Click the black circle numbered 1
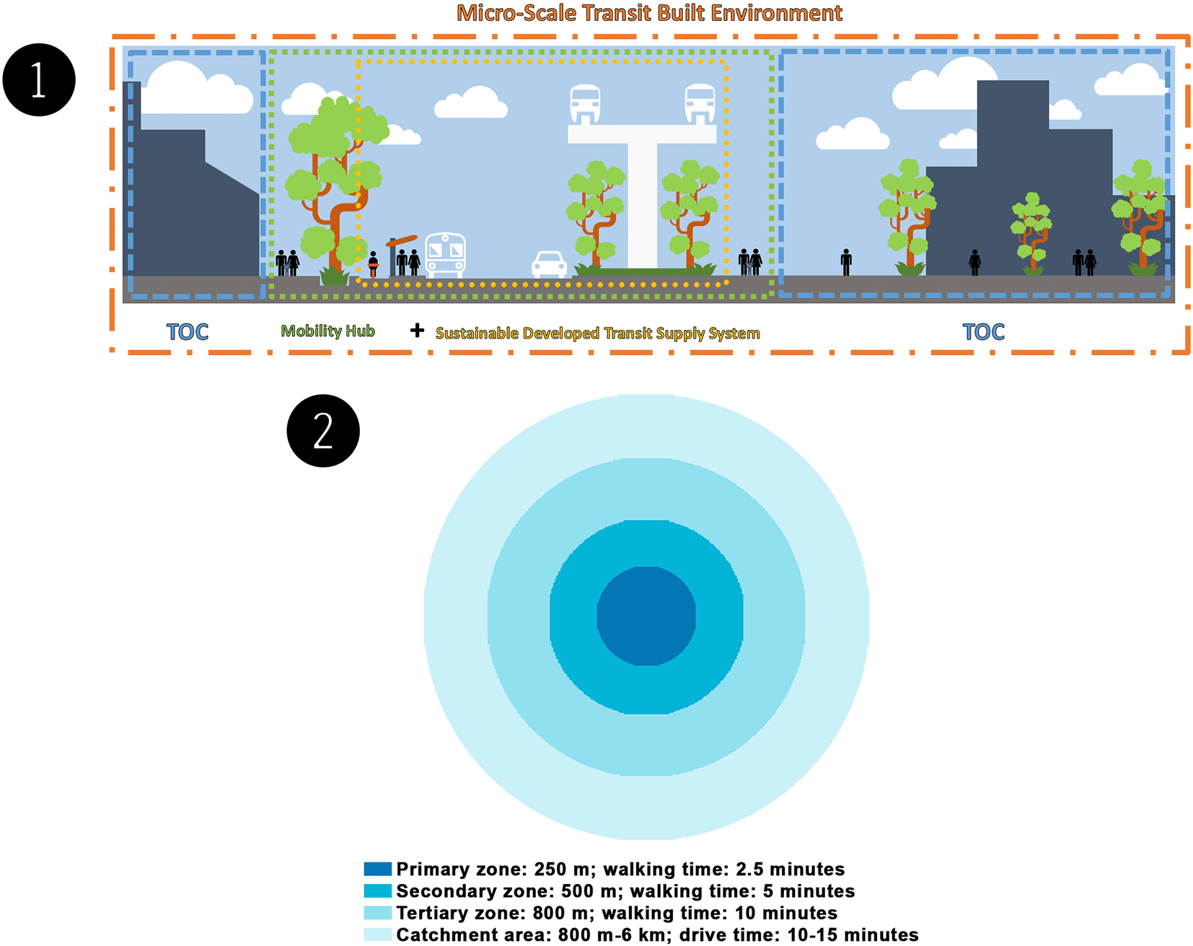click(x=39, y=79)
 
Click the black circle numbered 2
click(x=323, y=431)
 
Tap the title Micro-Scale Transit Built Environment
click(x=649, y=13)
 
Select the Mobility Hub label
click(x=328, y=331)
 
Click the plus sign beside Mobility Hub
click(x=417, y=330)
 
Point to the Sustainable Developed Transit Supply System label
click(x=597, y=333)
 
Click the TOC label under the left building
click(x=188, y=332)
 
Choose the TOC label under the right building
click(x=984, y=332)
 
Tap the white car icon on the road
click(x=549, y=264)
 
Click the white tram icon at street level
click(x=446, y=255)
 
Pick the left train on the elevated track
click(x=585, y=104)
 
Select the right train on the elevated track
click(x=700, y=104)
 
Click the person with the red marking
click(x=373, y=264)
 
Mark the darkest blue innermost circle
click(x=646, y=616)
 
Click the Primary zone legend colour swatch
click(x=377, y=869)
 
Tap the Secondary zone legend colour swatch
click(x=377, y=890)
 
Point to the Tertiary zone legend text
click(x=617, y=913)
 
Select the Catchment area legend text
click(x=657, y=934)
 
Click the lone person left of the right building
click(x=846, y=262)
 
